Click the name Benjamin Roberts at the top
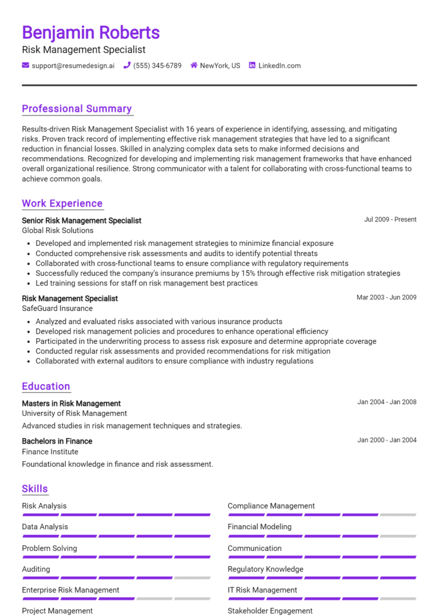coord(91,32)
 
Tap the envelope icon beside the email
coord(26,66)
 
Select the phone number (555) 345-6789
coord(157,66)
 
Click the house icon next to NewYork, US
coord(194,66)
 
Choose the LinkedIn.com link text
coord(280,66)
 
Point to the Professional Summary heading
coord(77,109)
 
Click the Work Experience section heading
coord(62,203)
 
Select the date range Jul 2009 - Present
coord(390,219)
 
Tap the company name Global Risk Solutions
coord(58,230)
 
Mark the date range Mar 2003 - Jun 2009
coord(386,297)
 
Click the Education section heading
coord(46,386)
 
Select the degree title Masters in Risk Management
coord(71,403)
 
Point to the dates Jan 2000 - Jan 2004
coord(387,440)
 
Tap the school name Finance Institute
coord(50,451)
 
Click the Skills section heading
coord(35,489)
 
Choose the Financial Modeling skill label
coord(260,527)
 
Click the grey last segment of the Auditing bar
coord(193,578)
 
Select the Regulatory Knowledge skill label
coord(265,569)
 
